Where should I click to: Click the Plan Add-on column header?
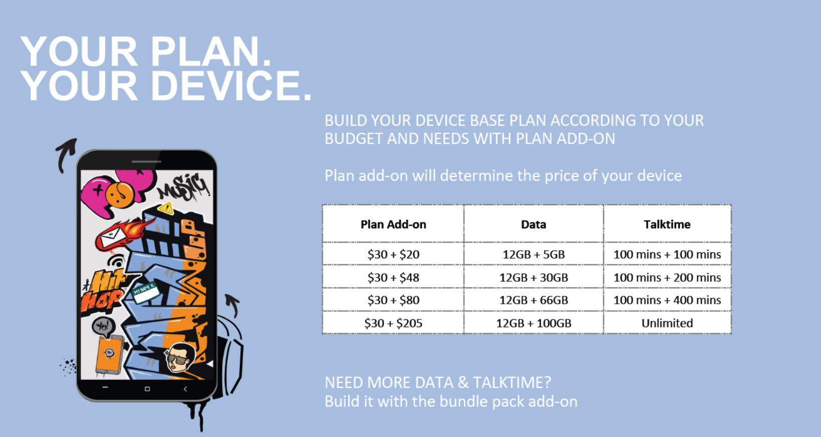point(393,224)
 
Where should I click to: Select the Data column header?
point(533,224)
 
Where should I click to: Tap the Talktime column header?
point(667,224)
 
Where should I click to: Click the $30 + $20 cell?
point(393,254)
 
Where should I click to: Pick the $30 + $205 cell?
point(393,323)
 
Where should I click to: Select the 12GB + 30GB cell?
point(533,277)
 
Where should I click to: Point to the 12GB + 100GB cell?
point(533,323)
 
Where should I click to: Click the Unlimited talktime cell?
point(667,323)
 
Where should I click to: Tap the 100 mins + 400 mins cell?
point(667,300)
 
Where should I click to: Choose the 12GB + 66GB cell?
point(533,300)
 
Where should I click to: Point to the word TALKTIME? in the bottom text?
point(511,382)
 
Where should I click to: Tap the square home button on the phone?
point(147,389)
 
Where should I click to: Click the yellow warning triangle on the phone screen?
point(166,209)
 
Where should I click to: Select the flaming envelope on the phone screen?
point(123,234)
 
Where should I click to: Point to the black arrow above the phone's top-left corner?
point(66,154)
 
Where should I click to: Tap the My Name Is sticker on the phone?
point(145,293)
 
